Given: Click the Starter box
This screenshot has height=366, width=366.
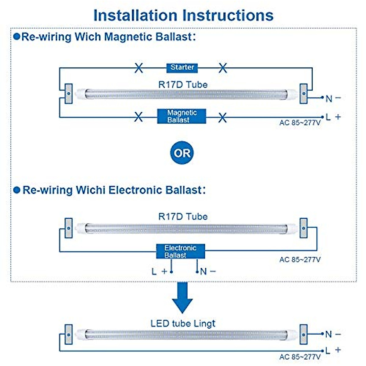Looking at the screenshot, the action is [182, 68].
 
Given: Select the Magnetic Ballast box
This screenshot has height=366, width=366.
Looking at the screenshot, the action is [181, 116].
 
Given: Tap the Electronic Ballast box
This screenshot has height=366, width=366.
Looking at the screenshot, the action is [181, 251].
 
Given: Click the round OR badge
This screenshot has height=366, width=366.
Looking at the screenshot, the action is [182, 153].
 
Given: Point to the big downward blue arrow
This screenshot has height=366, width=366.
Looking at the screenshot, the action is [182, 298].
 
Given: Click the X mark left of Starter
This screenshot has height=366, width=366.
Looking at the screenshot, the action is [139, 68].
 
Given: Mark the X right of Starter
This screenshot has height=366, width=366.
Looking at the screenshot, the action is [223, 68].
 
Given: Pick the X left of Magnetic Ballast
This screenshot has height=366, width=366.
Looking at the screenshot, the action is [138, 117].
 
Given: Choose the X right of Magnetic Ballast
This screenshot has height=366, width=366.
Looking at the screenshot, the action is [222, 117].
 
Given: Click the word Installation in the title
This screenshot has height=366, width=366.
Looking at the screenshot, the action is [135, 15].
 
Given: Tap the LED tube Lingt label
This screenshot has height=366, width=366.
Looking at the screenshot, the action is [183, 324].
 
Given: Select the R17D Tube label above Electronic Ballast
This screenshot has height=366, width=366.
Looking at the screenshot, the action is [183, 217].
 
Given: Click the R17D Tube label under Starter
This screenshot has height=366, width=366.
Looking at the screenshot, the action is [183, 85].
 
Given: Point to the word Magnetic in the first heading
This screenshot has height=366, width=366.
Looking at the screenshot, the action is [128, 37].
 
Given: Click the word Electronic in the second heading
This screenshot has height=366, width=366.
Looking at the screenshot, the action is [135, 190].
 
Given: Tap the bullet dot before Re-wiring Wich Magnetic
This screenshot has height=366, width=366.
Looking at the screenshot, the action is [17, 37].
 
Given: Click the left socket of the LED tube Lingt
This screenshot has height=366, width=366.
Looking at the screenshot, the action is [69, 335].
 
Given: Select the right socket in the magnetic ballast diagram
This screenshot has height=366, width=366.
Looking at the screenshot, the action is [303, 94].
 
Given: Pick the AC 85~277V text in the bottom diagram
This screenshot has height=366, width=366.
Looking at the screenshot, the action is [300, 357].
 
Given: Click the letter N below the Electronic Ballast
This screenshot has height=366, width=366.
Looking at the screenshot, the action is [203, 271].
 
